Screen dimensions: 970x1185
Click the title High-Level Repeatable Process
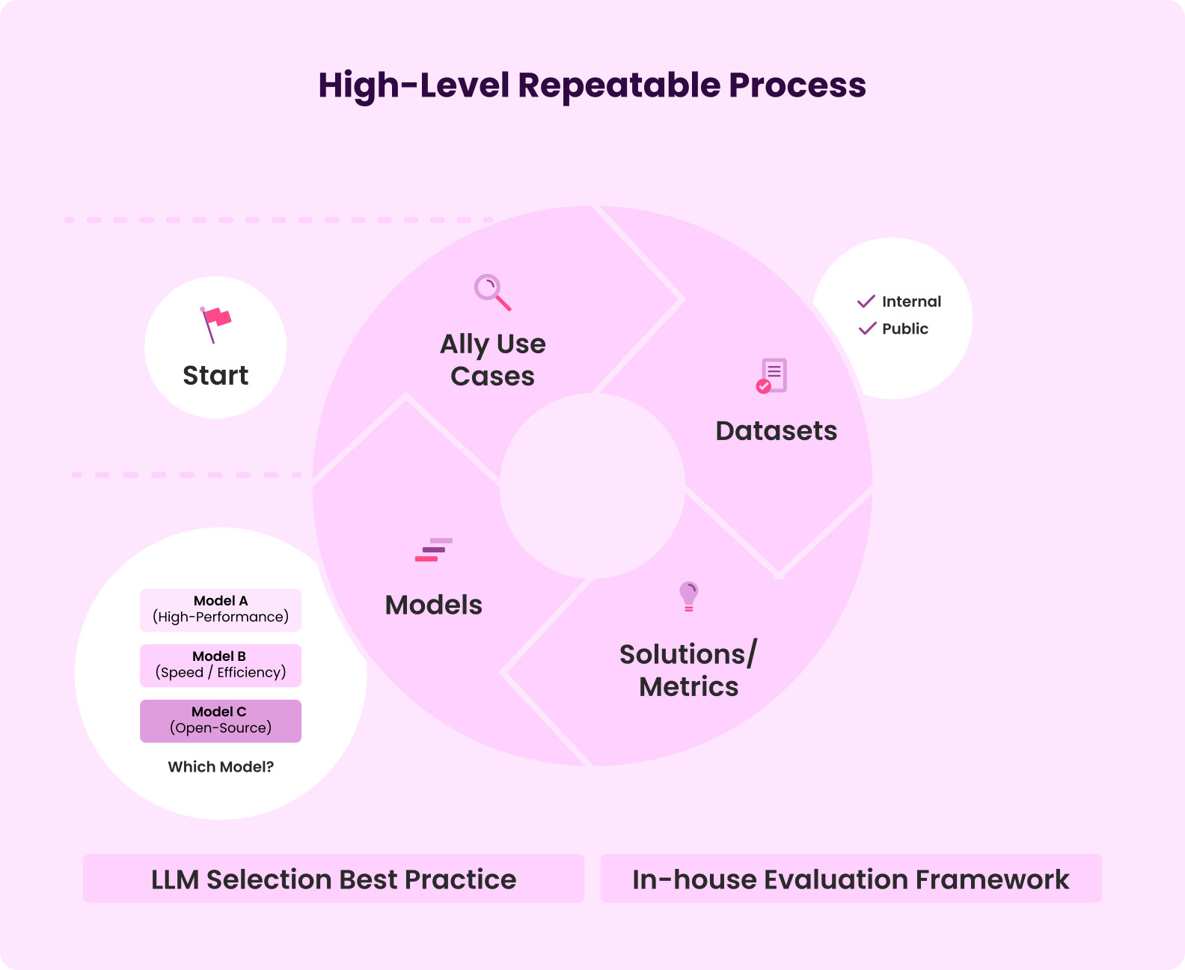(x=592, y=85)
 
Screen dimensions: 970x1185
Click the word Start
(x=215, y=375)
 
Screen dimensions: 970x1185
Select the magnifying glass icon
(x=492, y=292)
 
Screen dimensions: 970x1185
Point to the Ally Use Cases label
(x=493, y=360)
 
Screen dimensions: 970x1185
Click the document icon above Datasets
(x=772, y=376)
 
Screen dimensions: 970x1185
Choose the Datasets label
(x=776, y=431)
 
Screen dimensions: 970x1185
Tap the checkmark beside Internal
(x=866, y=302)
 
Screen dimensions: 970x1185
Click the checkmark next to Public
(x=867, y=329)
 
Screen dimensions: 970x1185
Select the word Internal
(x=911, y=302)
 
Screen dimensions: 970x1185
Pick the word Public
(x=904, y=329)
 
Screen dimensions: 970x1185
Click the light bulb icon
(x=688, y=597)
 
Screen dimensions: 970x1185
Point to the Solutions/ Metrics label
(x=688, y=670)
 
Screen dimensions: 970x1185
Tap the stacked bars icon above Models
(x=434, y=549)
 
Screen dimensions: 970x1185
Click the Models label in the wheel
(x=434, y=605)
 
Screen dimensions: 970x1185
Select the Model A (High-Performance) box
(x=221, y=609)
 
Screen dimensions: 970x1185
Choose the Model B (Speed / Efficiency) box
(x=221, y=665)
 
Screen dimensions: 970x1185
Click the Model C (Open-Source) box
(x=221, y=720)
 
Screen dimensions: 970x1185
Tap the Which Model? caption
(x=221, y=766)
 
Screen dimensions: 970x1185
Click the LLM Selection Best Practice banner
(x=334, y=879)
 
